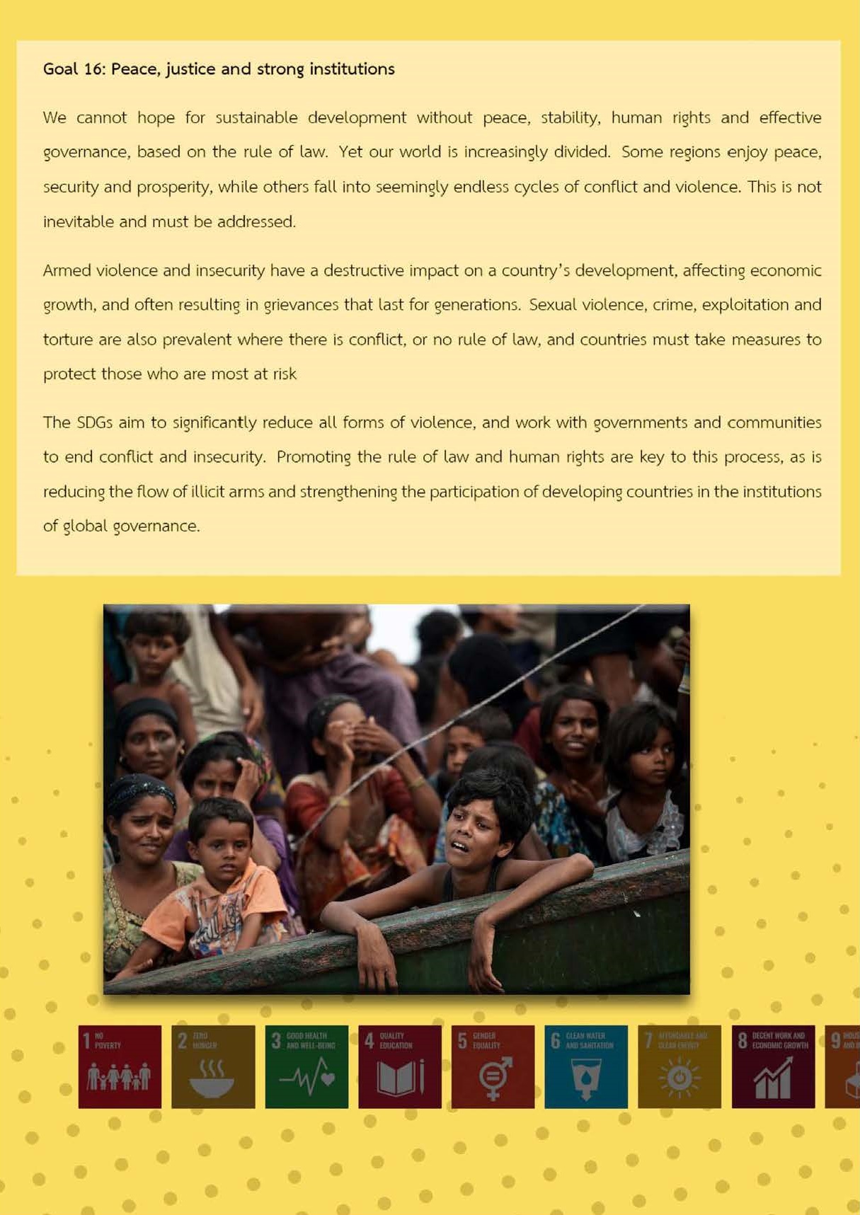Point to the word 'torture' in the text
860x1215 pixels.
click(68, 340)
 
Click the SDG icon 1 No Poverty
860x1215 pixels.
click(120, 1066)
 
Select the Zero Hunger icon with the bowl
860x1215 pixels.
click(213, 1066)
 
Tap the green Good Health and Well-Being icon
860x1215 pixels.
click(306, 1066)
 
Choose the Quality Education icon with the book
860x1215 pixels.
click(400, 1066)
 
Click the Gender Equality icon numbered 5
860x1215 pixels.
click(493, 1066)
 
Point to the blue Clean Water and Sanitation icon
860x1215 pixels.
click(586, 1066)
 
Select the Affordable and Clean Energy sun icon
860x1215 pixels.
click(680, 1066)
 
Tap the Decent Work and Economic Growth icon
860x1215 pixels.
click(773, 1066)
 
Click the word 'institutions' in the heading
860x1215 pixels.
click(352, 69)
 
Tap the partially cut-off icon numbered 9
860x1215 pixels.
click(844, 1066)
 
